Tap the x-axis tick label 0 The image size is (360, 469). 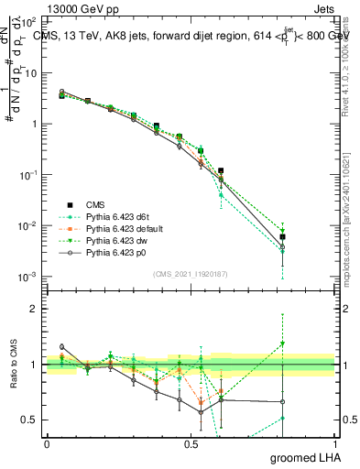point(47,442)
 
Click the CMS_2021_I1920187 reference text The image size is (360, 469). point(191,273)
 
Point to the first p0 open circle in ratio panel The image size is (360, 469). point(61,347)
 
